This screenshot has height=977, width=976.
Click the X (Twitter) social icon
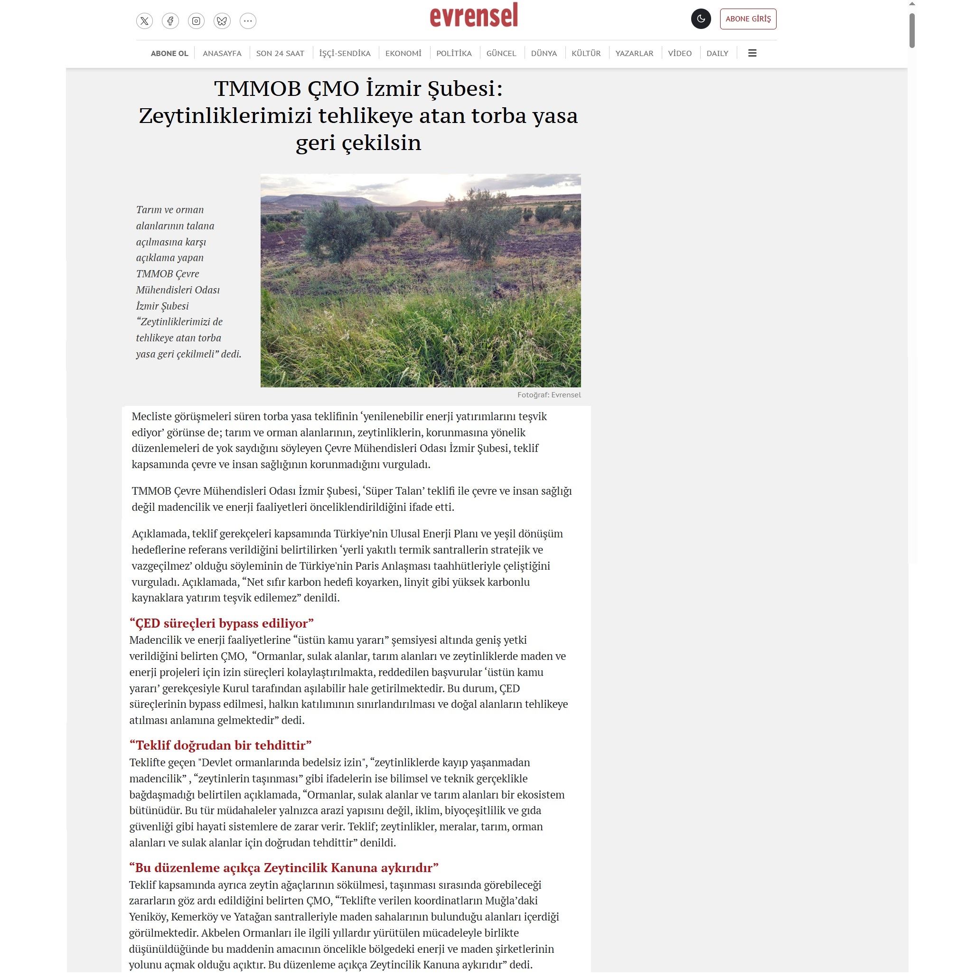tap(144, 21)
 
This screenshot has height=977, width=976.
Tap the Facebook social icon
tap(170, 21)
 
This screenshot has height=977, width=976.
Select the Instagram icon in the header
tap(196, 21)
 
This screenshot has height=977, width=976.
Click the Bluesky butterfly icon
tap(222, 21)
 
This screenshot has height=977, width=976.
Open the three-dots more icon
tap(248, 21)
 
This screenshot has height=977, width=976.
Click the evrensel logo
tap(474, 16)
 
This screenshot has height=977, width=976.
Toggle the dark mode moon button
tap(700, 19)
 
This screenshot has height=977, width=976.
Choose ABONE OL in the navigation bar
tap(169, 53)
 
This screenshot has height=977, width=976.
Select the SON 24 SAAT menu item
tap(280, 53)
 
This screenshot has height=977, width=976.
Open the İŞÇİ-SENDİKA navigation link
tap(345, 53)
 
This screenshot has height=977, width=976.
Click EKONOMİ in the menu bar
tap(403, 53)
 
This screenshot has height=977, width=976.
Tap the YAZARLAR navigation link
tap(634, 53)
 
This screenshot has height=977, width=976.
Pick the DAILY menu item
tap(717, 53)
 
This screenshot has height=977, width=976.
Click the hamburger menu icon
tap(752, 53)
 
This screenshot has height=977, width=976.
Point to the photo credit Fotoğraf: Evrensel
tap(549, 395)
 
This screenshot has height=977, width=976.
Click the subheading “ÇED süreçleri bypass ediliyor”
tap(222, 622)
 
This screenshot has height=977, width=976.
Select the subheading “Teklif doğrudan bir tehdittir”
tap(220, 745)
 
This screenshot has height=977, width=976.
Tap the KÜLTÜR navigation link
tap(586, 53)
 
